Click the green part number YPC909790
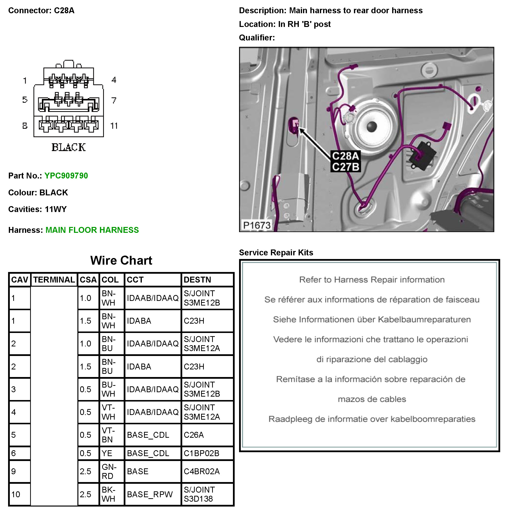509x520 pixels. pos(66,176)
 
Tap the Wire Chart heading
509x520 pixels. pos(121,260)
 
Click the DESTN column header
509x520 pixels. pos(197,280)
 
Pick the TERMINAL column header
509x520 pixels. pos(54,280)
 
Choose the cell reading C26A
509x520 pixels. pos(194,435)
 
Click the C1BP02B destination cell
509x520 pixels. pos(201,453)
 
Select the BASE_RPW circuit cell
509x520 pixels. pos(150,494)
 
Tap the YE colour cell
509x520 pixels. pos(107,453)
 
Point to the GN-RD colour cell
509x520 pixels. pos(109,471)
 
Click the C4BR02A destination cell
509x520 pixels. pos(202,471)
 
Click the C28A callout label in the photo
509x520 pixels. pos(345,156)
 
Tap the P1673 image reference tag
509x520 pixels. pos(257,225)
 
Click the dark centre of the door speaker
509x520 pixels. pos(372,126)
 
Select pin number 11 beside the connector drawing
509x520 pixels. pos(114,126)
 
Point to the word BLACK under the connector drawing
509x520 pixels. pos(68,147)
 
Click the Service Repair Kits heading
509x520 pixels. pos(276,252)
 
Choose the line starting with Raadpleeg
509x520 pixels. pos(372,419)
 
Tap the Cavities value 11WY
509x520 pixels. pos(56,209)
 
